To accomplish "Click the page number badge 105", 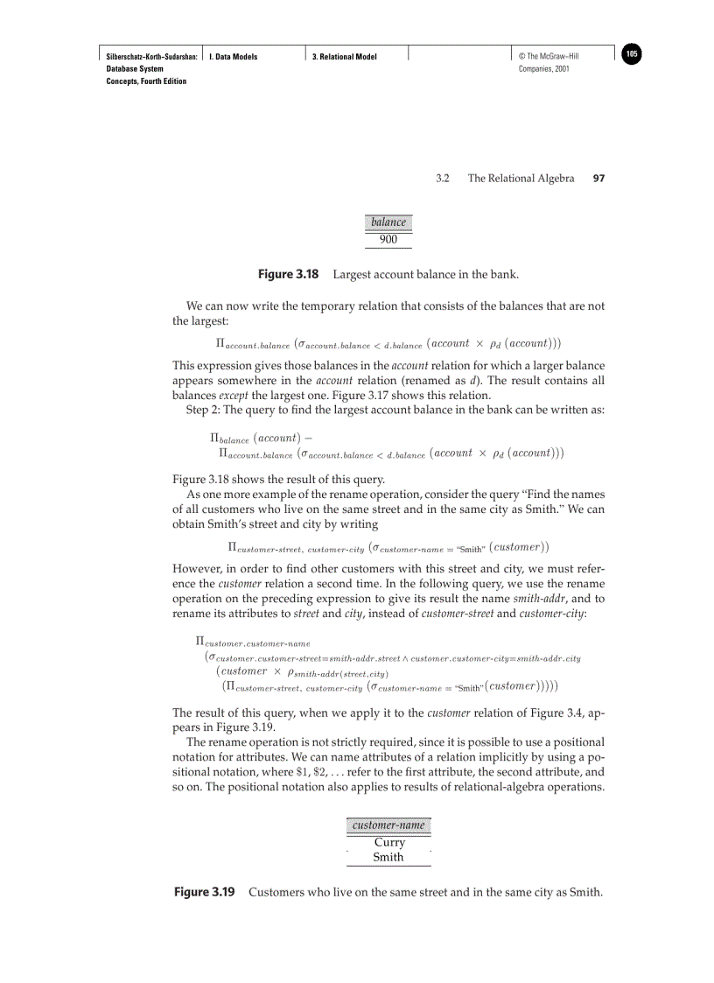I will (632, 54).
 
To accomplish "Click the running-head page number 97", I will (598, 179).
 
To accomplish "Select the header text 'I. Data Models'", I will (233, 57).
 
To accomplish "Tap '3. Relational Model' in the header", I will (345, 57).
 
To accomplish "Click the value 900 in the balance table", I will (388, 239).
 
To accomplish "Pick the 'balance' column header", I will (388, 222).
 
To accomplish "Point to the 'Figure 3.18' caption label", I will (288, 275).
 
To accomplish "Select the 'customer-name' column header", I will (388, 825).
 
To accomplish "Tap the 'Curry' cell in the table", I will (389, 842).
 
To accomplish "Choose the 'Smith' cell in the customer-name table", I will (388, 857).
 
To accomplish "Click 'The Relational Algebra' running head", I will (521, 179).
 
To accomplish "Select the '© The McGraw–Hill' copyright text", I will (549, 57).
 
